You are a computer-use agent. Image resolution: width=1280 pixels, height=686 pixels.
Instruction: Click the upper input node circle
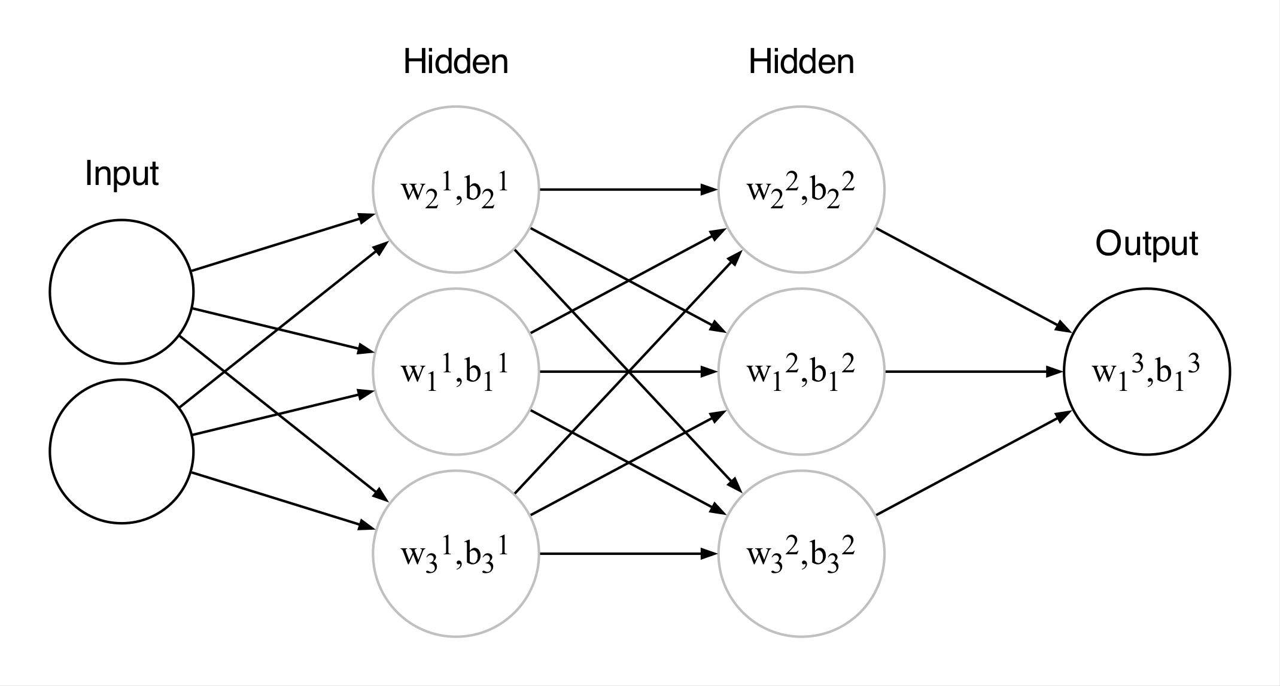[x=121, y=292]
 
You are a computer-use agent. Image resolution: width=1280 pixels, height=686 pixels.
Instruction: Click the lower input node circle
[x=121, y=451]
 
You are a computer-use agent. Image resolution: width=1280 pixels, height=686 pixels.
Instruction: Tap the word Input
[x=121, y=174]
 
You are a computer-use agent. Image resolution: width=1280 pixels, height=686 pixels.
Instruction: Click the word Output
[x=1147, y=244]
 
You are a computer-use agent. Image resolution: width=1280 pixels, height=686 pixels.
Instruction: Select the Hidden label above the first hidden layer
[x=455, y=62]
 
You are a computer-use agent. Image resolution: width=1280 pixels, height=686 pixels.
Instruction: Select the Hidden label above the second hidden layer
[x=801, y=62]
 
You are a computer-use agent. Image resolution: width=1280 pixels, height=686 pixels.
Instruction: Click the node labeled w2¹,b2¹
[x=455, y=190]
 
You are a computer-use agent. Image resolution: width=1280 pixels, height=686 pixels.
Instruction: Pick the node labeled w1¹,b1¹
[x=455, y=372]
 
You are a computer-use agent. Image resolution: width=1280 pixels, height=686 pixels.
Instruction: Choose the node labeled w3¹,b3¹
[x=455, y=554]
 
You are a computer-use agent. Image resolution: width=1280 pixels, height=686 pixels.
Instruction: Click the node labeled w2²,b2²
[x=801, y=190]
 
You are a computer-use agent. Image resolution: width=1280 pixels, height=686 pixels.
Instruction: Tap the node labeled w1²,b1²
[x=801, y=372]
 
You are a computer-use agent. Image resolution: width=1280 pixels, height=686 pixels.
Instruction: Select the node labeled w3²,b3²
[x=801, y=554]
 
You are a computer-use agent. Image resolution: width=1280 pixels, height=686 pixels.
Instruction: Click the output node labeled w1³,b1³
[x=1147, y=372]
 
